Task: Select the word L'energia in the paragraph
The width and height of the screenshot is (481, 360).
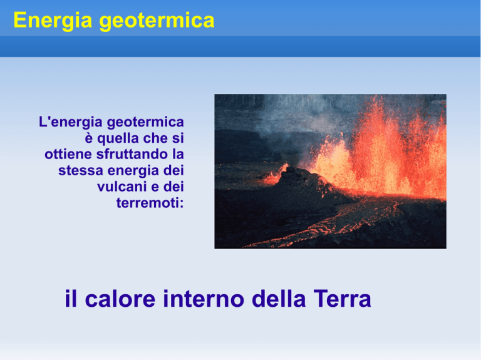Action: [71, 122]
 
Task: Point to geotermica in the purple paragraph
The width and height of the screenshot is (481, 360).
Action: [145, 122]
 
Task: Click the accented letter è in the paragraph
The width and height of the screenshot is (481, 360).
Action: [89, 138]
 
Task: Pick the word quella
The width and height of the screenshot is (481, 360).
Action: [118, 138]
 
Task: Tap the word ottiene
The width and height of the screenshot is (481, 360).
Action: [68, 154]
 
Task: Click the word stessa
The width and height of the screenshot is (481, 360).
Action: [81, 170]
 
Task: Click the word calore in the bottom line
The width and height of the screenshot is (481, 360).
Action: [120, 299]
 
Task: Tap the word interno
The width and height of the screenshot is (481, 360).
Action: [204, 299]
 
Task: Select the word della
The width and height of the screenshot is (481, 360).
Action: [279, 299]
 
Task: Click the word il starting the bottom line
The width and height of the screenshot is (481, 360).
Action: [71, 299]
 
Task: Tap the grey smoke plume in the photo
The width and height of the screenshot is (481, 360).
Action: [294, 120]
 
